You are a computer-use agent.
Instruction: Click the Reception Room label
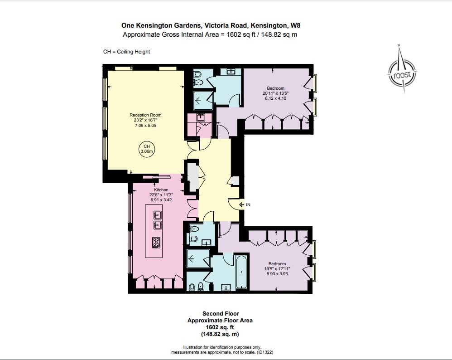(145, 115)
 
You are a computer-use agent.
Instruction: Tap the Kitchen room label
(161, 190)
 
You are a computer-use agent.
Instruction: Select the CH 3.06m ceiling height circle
(146, 149)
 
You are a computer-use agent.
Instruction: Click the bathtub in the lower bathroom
(241, 272)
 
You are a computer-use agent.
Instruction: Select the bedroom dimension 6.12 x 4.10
(275, 98)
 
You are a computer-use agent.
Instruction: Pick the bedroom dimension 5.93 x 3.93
(277, 274)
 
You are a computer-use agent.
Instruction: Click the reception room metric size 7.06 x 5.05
(145, 126)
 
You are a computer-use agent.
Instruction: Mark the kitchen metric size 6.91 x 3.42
(161, 200)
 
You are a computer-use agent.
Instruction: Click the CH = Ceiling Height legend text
(126, 52)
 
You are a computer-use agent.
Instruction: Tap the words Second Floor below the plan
(220, 313)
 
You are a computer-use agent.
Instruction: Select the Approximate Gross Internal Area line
(210, 34)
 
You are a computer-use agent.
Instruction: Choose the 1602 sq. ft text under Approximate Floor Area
(220, 327)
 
